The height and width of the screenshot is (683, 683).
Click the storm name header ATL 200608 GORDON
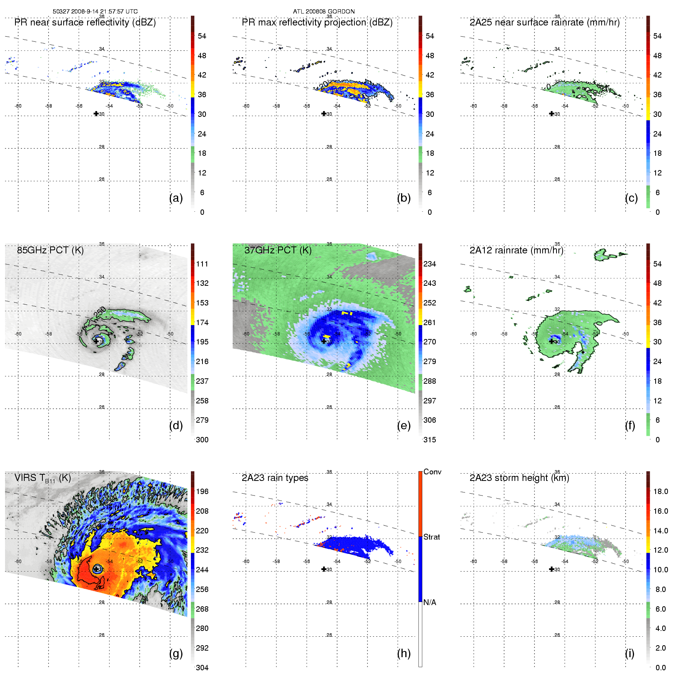(324, 12)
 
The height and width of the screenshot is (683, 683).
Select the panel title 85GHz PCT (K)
(50, 250)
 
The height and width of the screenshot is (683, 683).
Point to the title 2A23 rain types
(275, 478)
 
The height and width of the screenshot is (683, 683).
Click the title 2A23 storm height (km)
(519, 478)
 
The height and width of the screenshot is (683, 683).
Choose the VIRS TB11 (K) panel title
(42, 478)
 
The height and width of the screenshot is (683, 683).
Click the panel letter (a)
(176, 198)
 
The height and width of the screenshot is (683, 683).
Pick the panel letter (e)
(404, 425)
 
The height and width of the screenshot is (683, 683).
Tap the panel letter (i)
(629, 653)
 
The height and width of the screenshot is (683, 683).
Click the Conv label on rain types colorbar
(432, 472)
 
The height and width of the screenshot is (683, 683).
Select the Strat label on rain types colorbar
(432, 537)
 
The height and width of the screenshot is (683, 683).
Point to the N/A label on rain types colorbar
(430, 602)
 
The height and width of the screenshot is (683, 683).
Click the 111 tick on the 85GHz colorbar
(202, 264)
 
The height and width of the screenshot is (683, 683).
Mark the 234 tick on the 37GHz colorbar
(430, 264)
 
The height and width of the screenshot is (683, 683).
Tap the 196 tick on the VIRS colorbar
(202, 491)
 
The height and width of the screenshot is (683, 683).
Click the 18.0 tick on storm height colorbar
(661, 491)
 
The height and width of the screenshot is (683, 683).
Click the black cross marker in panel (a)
(96, 113)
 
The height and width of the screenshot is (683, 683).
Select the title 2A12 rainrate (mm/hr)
(516, 250)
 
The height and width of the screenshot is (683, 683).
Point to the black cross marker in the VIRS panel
(96, 569)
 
